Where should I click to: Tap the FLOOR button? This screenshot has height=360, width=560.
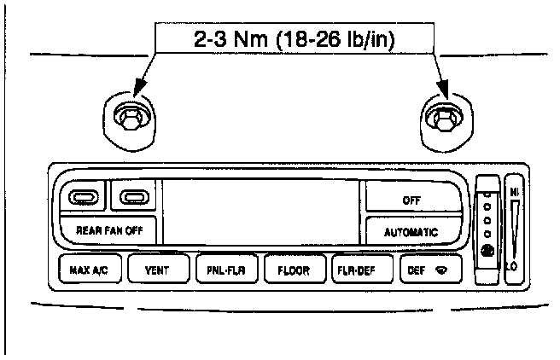pos(293,271)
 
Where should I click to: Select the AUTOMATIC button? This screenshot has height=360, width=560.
pos(411,231)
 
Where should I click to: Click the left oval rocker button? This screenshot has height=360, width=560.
pos(81,199)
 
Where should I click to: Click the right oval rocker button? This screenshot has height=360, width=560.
pos(133,199)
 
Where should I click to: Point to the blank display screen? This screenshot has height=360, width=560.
pos(260,211)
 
